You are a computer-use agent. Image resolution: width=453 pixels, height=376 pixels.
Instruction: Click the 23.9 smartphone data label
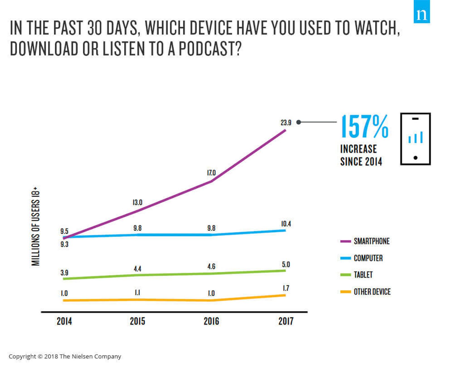(x=286, y=123)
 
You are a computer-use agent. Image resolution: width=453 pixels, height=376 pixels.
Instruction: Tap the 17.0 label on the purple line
(x=211, y=173)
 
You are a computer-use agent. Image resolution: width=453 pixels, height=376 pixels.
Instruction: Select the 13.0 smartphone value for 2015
(x=137, y=202)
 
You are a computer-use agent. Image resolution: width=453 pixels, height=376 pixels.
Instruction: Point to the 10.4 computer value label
(x=286, y=224)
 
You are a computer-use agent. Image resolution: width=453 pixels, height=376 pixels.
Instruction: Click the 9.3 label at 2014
(x=64, y=244)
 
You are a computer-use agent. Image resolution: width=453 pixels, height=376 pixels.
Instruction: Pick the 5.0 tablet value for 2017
(x=286, y=264)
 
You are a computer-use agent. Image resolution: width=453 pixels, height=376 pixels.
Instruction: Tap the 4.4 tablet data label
(x=137, y=269)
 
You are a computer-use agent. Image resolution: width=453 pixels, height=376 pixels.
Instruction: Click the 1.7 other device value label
(x=286, y=288)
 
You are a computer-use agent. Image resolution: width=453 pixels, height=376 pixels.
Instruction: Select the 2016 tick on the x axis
(x=211, y=321)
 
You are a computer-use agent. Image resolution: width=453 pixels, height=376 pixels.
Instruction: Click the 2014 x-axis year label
(x=64, y=321)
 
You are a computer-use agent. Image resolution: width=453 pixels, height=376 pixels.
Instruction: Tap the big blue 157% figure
(x=364, y=127)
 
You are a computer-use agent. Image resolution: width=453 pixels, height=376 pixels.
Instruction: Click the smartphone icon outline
(x=415, y=139)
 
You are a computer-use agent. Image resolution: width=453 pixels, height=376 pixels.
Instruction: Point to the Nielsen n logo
(x=422, y=12)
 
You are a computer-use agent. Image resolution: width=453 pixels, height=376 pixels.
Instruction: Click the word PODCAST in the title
(x=210, y=48)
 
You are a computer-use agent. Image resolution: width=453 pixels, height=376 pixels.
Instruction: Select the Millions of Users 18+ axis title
(x=36, y=226)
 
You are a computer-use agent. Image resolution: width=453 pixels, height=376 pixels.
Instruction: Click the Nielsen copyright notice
(x=65, y=356)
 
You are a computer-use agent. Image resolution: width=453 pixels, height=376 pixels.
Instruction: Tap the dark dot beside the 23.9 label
(x=298, y=122)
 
